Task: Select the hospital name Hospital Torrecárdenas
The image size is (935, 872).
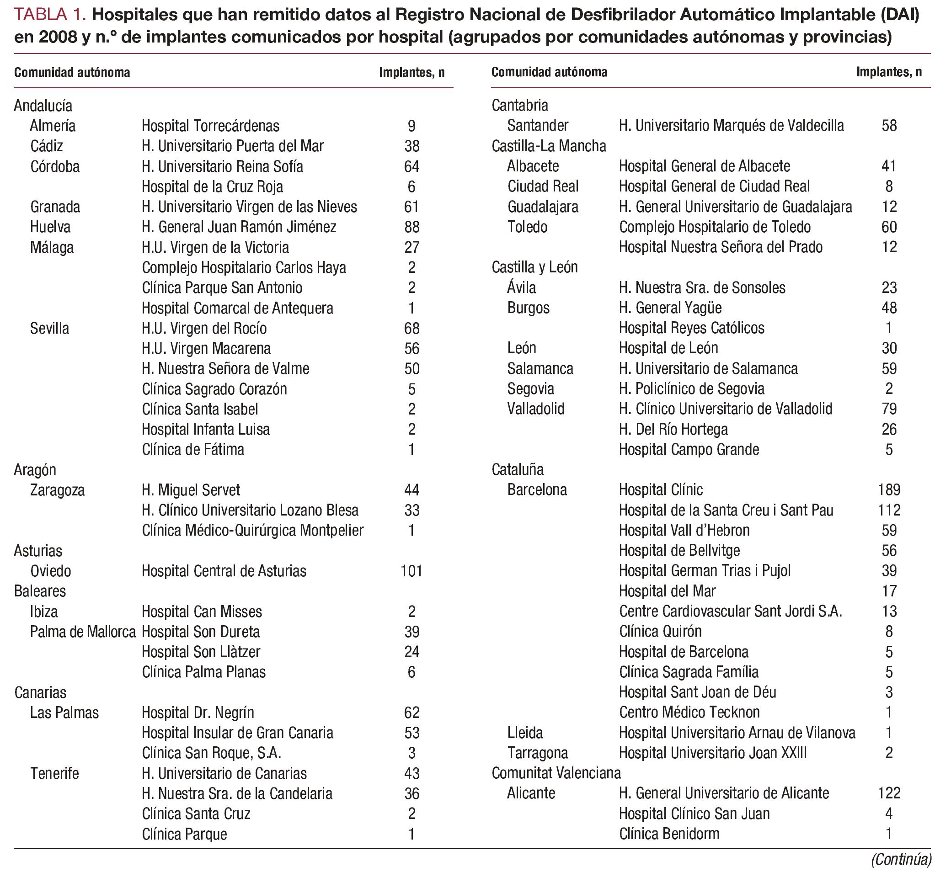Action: coord(210,126)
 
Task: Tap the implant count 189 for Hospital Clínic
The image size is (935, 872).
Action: coord(888,490)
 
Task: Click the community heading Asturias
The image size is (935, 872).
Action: coord(38,550)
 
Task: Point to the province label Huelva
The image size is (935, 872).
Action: coord(50,227)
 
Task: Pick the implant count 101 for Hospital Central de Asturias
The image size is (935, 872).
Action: coord(411,571)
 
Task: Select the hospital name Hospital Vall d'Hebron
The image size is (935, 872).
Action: coord(684,530)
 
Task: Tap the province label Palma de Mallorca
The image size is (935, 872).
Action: coord(83,632)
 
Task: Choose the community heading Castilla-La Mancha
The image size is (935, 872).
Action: coord(548,146)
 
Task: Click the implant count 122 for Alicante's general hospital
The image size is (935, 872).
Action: coord(888,793)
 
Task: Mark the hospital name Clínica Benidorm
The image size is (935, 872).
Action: coord(669,834)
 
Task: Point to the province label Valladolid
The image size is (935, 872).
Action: coord(536,409)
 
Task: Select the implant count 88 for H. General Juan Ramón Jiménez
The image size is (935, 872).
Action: coord(411,227)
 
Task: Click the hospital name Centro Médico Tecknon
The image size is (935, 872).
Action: coord(689,712)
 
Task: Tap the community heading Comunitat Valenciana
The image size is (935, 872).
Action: coord(556,773)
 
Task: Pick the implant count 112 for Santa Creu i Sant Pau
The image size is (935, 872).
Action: coord(888,510)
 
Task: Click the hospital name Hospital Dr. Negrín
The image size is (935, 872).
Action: coord(198,712)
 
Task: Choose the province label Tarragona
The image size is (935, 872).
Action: coord(538,753)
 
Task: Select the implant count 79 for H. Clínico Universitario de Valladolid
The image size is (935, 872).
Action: coord(888,409)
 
